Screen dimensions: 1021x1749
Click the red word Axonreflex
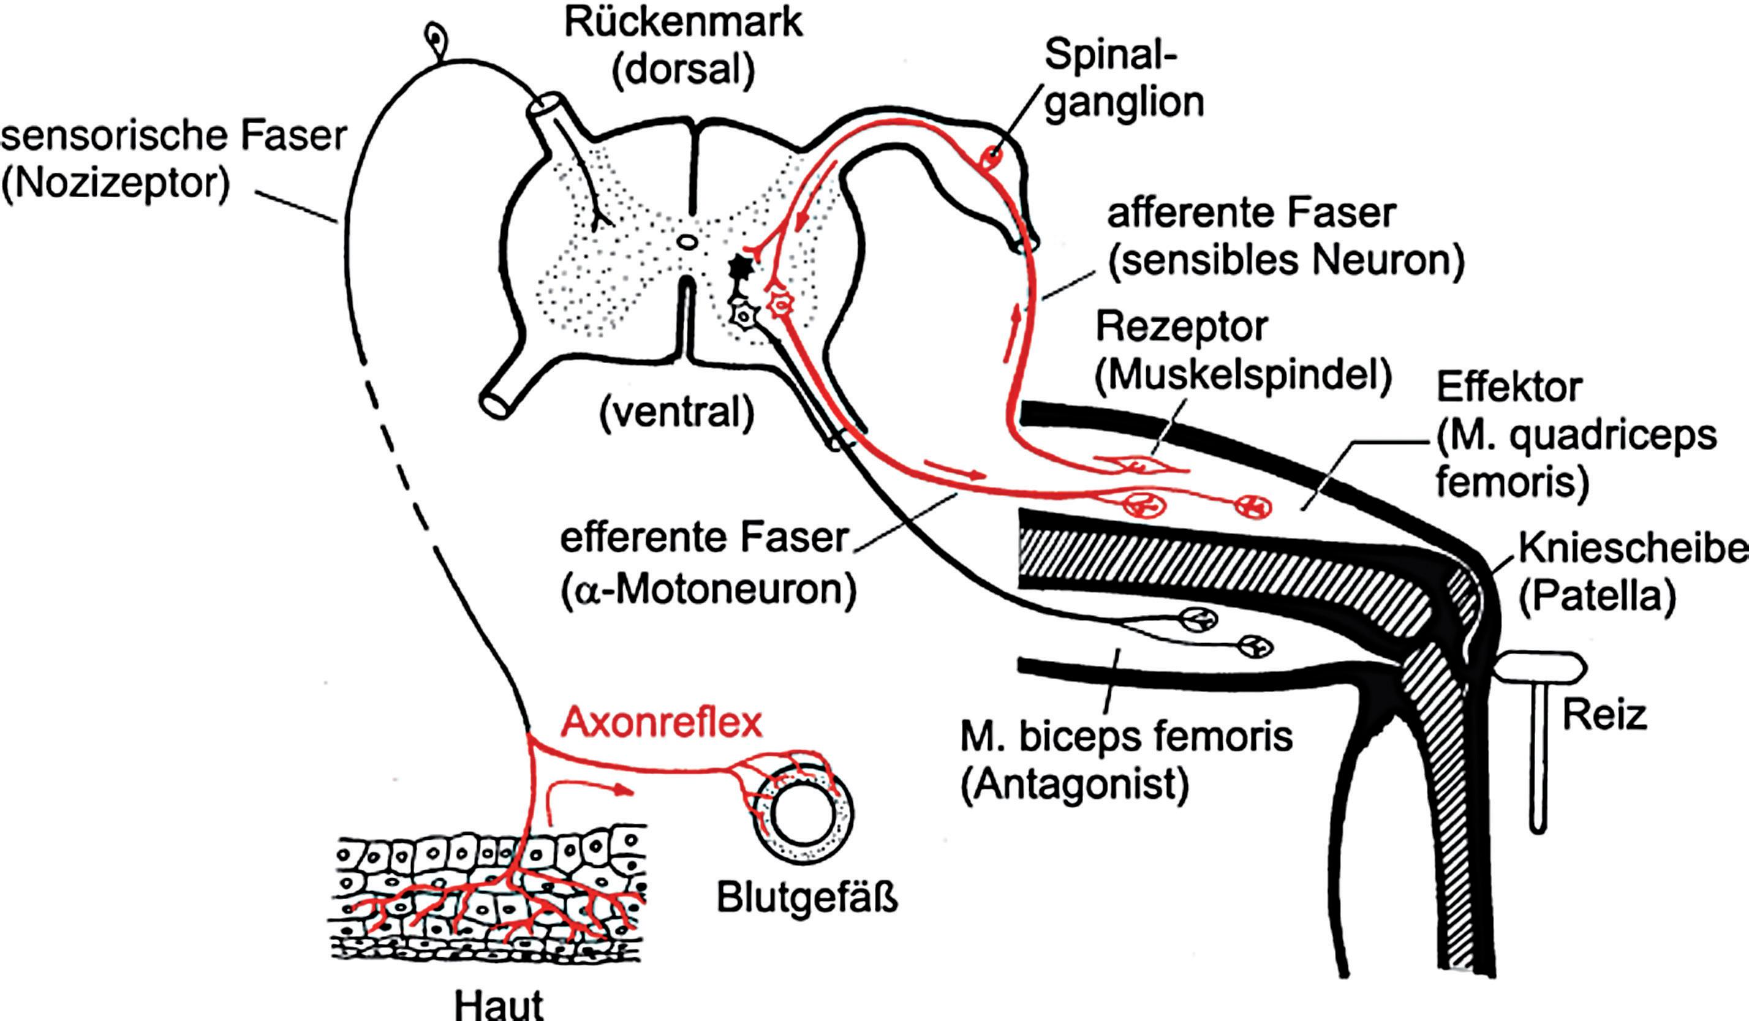(662, 723)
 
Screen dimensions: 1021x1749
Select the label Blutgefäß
(806, 897)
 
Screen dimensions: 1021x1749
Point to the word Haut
(499, 1004)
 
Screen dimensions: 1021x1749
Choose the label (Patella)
(1597, 595)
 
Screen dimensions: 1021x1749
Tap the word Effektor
(1509, 387)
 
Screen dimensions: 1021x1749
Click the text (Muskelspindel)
(1243, 375)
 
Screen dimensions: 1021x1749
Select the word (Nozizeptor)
(115, 184)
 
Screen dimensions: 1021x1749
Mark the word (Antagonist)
(1075, 785)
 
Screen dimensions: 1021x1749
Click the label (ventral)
(677, 413)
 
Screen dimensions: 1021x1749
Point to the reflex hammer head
(1539, 668)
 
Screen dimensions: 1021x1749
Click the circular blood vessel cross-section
(804, 813)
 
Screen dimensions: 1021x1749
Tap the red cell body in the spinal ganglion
(991, 157)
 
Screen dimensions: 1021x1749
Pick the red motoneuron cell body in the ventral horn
(781, 304)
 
